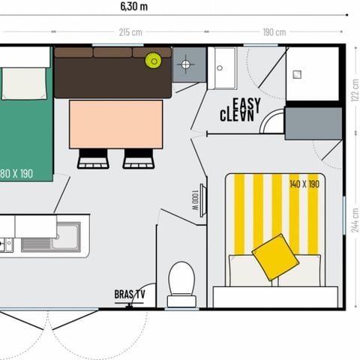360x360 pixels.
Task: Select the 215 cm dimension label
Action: tap(131, 32)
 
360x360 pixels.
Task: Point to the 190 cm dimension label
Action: tap(274, 32)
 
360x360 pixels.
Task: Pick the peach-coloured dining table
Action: tap(115, 124)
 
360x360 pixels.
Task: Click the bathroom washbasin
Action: tap(222, 67)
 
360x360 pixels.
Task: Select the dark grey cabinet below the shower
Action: tap(313, 123)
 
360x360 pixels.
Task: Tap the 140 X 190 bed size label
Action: tap(304, 184)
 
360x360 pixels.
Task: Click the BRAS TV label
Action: tap(129, 294)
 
